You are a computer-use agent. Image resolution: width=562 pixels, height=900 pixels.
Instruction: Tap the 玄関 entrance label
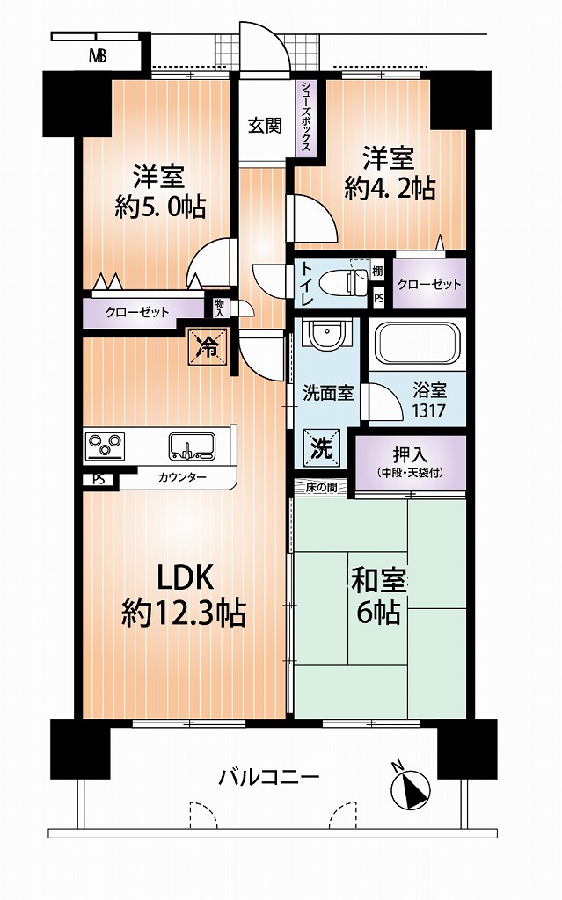point(265,126)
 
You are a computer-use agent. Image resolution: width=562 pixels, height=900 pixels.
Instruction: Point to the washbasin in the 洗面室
point(326,335)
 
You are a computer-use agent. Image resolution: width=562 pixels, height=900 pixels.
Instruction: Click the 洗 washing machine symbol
point(322,447)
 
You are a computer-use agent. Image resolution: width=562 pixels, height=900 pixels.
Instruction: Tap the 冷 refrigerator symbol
point(208,346)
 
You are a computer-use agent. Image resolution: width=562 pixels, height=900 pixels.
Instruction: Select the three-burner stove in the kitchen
point(105,445)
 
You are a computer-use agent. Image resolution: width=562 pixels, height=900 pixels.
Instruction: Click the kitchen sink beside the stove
point(192,446)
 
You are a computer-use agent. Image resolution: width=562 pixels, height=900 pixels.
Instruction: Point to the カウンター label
point(181,477)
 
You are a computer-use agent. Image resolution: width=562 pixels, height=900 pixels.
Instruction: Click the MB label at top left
point(98,57)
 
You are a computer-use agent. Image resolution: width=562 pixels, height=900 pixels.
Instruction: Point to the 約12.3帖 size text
point(184,613)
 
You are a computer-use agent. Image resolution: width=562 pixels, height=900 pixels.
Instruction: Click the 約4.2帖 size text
point(390,188)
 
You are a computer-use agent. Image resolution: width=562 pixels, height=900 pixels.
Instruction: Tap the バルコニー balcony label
point(268,778)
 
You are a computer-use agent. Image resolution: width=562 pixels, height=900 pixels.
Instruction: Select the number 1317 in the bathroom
point(428,410)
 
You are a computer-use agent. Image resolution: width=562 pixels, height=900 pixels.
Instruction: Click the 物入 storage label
point(219,308)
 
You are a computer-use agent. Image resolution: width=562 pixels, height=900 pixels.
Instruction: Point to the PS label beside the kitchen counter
point(99,479)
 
